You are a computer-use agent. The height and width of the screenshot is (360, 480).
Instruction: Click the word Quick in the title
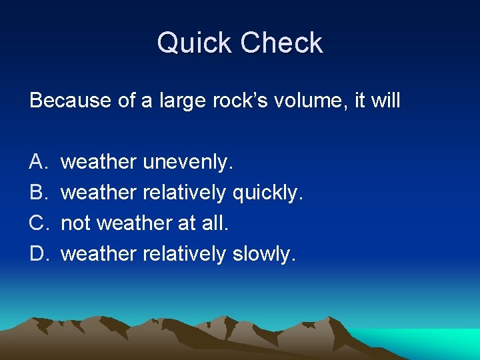195,43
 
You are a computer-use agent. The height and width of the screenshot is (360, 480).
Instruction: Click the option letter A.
37,162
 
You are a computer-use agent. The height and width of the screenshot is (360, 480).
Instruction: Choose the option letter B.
37,193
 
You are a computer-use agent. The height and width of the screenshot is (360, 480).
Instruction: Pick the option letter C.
38,223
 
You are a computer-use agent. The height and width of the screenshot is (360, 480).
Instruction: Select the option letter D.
38,254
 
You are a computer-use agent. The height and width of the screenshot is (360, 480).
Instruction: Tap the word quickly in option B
267,193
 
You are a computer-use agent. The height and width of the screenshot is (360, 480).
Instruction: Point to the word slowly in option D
263,254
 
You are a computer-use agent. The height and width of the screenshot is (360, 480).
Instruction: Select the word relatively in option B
185,193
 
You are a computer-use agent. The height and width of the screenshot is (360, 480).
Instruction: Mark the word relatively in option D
185,254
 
